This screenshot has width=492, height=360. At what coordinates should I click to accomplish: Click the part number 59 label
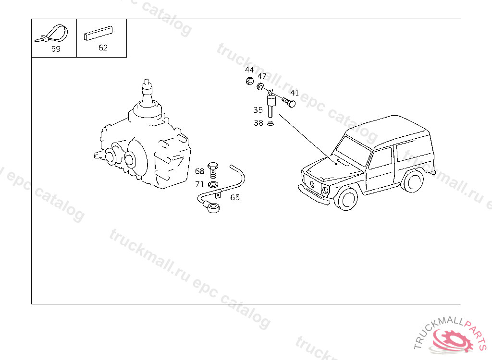(56, 49)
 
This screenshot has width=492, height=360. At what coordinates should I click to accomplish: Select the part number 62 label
(103, 48)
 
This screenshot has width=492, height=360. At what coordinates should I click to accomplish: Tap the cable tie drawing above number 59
(52, 34)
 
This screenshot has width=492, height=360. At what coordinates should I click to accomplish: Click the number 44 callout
(249, 70)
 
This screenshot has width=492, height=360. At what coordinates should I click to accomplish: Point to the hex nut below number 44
(250, 81)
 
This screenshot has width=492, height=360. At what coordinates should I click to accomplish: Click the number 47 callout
(262, 76)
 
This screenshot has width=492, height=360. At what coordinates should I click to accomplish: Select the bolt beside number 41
(289, 102)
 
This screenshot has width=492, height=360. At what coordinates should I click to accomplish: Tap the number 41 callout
(295, 93)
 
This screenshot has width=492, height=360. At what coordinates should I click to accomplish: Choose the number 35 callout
(258, 110)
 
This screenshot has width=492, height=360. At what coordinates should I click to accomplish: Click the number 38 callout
(258, 123)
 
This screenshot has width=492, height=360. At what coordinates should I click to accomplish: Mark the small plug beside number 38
(270, 123)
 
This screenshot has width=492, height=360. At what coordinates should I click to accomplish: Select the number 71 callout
(199, 184)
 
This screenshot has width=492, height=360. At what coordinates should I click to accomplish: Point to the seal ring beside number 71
(213, 184)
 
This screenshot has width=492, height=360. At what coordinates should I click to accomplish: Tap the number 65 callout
(234, 198)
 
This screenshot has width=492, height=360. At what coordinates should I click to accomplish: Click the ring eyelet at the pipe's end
(213, 208)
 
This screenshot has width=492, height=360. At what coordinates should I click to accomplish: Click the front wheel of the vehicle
(346, 198)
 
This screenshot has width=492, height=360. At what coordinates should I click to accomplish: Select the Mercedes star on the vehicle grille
(312, 184)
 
